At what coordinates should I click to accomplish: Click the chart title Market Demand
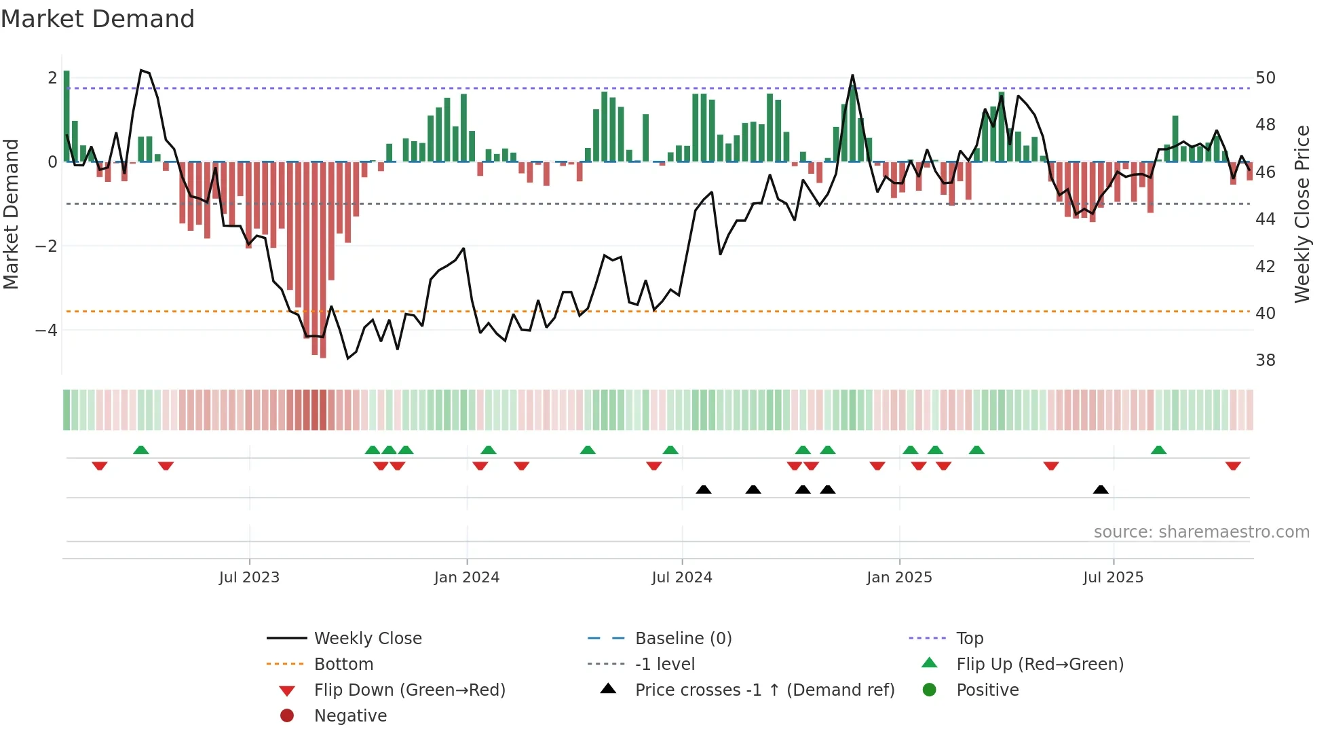(98, 19)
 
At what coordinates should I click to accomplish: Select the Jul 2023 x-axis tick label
(249, 578)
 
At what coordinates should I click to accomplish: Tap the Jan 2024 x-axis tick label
(467, 578)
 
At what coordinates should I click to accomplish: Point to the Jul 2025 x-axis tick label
(1113, 578)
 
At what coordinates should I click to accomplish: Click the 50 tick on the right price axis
(1265, 78)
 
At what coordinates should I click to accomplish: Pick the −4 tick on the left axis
(46, 331)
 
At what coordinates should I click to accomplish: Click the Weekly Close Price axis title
(1301, 214)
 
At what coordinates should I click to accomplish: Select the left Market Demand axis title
(12, 214)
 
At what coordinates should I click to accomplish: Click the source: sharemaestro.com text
(1201, 532)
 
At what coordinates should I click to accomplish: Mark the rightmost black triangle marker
(1101, 490)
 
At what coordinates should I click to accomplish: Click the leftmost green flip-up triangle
(141, 450)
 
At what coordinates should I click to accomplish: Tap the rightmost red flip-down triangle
(1233, 466)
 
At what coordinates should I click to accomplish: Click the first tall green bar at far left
(66, 115)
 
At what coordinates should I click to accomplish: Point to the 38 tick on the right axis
(1265, 360)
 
